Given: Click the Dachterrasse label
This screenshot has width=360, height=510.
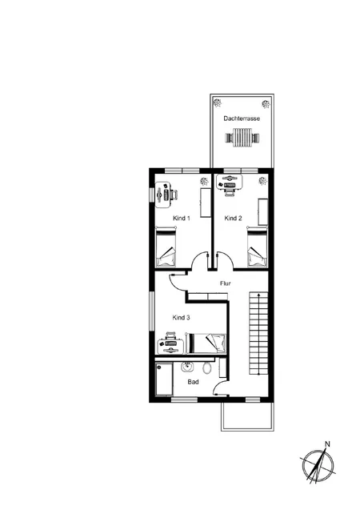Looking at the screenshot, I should tap(241, 118).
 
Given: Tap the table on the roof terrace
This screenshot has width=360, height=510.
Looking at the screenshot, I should tap(241, 139).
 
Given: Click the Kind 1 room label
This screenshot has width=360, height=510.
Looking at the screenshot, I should tap(182, 218).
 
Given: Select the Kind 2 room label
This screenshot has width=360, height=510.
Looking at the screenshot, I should tap(233, 218).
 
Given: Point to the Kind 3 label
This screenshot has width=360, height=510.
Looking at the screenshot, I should tap(182, 318).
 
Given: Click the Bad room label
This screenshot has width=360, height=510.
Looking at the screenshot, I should tap(193, 382).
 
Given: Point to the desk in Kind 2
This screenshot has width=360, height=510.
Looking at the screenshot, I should tap(231, 185).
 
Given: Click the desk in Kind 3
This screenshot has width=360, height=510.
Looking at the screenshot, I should tap(170, 343).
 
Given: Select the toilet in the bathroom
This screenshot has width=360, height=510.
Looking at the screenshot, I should tap(208, 368).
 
